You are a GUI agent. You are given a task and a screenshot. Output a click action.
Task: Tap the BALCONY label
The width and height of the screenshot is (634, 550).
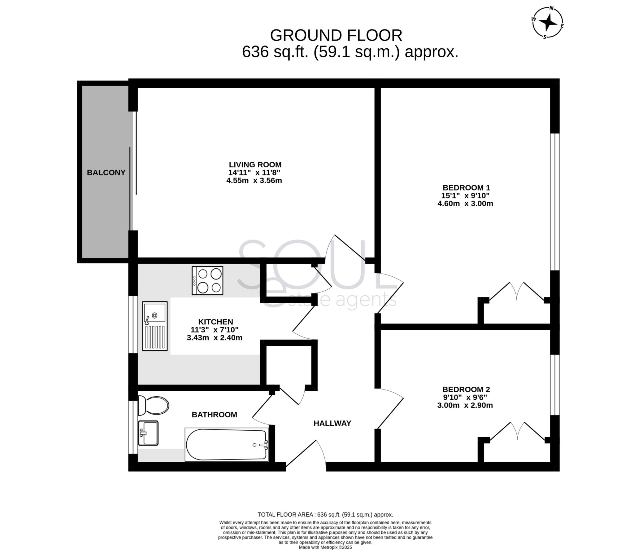click(x=106, y=173)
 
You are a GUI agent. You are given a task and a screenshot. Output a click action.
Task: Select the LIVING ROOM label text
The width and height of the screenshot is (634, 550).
click(x=255, y=165)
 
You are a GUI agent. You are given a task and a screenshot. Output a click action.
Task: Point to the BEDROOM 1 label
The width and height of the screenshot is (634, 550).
click(x=466, y=187)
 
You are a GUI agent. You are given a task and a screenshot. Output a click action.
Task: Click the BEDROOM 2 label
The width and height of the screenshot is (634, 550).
click(x=466, y=389)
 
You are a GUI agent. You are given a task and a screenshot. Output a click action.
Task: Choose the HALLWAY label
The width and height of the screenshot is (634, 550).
click(x=332, y=423)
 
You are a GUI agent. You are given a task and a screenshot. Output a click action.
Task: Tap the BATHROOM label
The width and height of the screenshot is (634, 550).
click(x=214, y=415)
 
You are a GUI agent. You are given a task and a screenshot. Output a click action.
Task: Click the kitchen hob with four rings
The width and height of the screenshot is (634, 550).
click(x=207, y=281)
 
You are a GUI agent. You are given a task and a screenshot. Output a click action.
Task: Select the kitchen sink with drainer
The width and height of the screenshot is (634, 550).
click(x=155, y=326)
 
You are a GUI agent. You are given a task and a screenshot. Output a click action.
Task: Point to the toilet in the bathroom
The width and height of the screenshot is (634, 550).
click(x=153, y=405)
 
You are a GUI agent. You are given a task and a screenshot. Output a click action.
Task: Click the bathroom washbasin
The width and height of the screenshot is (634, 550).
click(x=148, y=433)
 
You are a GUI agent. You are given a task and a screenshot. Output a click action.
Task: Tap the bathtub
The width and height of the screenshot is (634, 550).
click(x=227, y=445)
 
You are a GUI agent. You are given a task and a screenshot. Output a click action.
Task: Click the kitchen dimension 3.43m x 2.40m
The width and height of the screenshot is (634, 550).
click(x=215, y=337)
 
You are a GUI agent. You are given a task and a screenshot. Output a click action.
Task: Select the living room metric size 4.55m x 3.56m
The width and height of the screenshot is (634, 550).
click(x=254, y=180)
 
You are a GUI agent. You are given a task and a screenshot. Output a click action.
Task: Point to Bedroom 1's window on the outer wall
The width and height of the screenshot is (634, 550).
click(x=555, y=202)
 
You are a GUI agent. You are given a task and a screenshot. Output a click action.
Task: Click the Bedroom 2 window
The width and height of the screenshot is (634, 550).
click(x=555, y=385)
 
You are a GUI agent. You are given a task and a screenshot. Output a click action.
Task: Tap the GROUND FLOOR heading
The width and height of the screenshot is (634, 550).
click(x=336, y=35)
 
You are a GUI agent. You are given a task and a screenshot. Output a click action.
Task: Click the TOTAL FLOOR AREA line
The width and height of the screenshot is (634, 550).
click(x=325, y=515)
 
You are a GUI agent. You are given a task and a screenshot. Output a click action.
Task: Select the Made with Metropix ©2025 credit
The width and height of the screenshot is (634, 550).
click(x=325, y=547)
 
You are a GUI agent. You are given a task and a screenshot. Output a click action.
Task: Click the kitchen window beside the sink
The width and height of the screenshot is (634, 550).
click(x=133, y=324)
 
